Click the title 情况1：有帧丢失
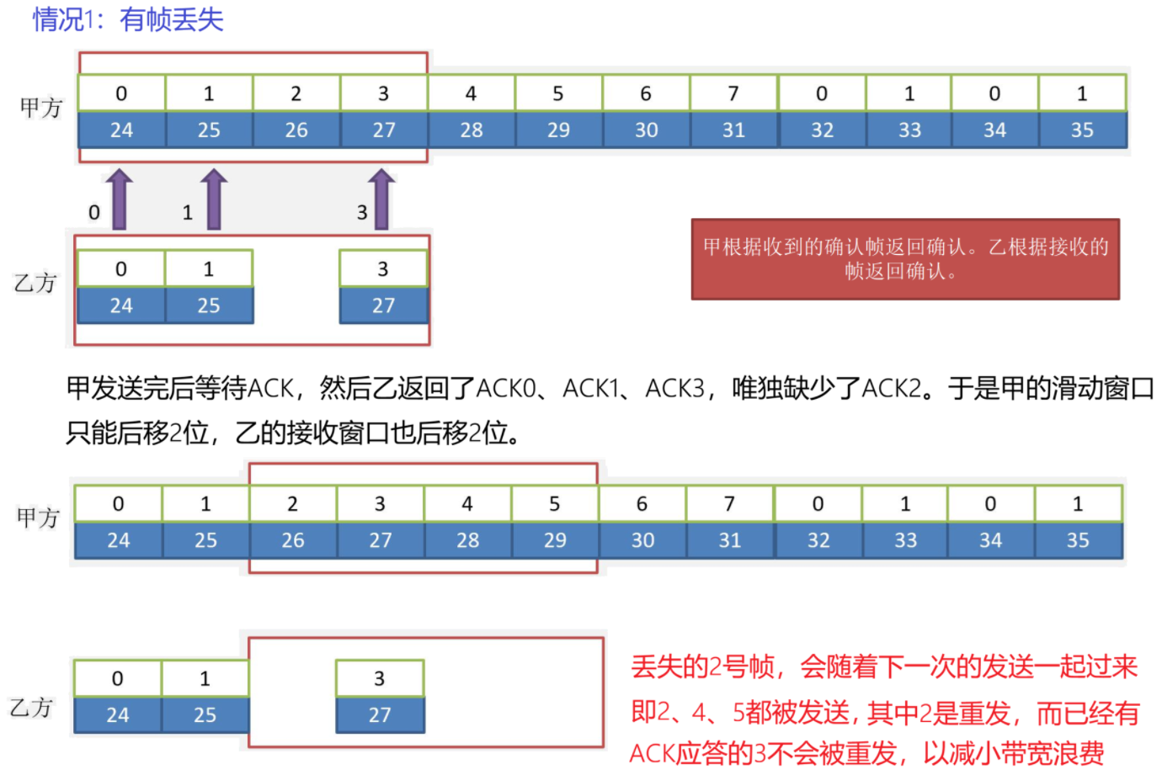click(x=128, y=19)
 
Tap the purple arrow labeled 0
click(x=120, y=199)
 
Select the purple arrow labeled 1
click(x=214, y=199)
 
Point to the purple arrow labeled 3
click(x=382, y=199)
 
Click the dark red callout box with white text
click(x=905, y=259)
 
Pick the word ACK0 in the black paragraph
click(x=505, y=389)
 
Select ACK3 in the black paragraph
click(x=674, y=389)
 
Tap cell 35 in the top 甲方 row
click(x=1082, y=130)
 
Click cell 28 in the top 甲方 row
click(x=472, y=130)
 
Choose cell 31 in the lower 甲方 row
click(x=730, y=540)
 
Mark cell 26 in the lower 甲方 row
click(x=293, y=540)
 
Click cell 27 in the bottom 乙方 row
click(x=380, y=715)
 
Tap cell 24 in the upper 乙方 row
click(x=121, y=305)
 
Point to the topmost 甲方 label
click(x=40, y=108)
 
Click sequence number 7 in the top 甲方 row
click(x=733, y=93)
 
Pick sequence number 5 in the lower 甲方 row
click(x=554, y=504)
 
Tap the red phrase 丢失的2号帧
click(x=703, y=667)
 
